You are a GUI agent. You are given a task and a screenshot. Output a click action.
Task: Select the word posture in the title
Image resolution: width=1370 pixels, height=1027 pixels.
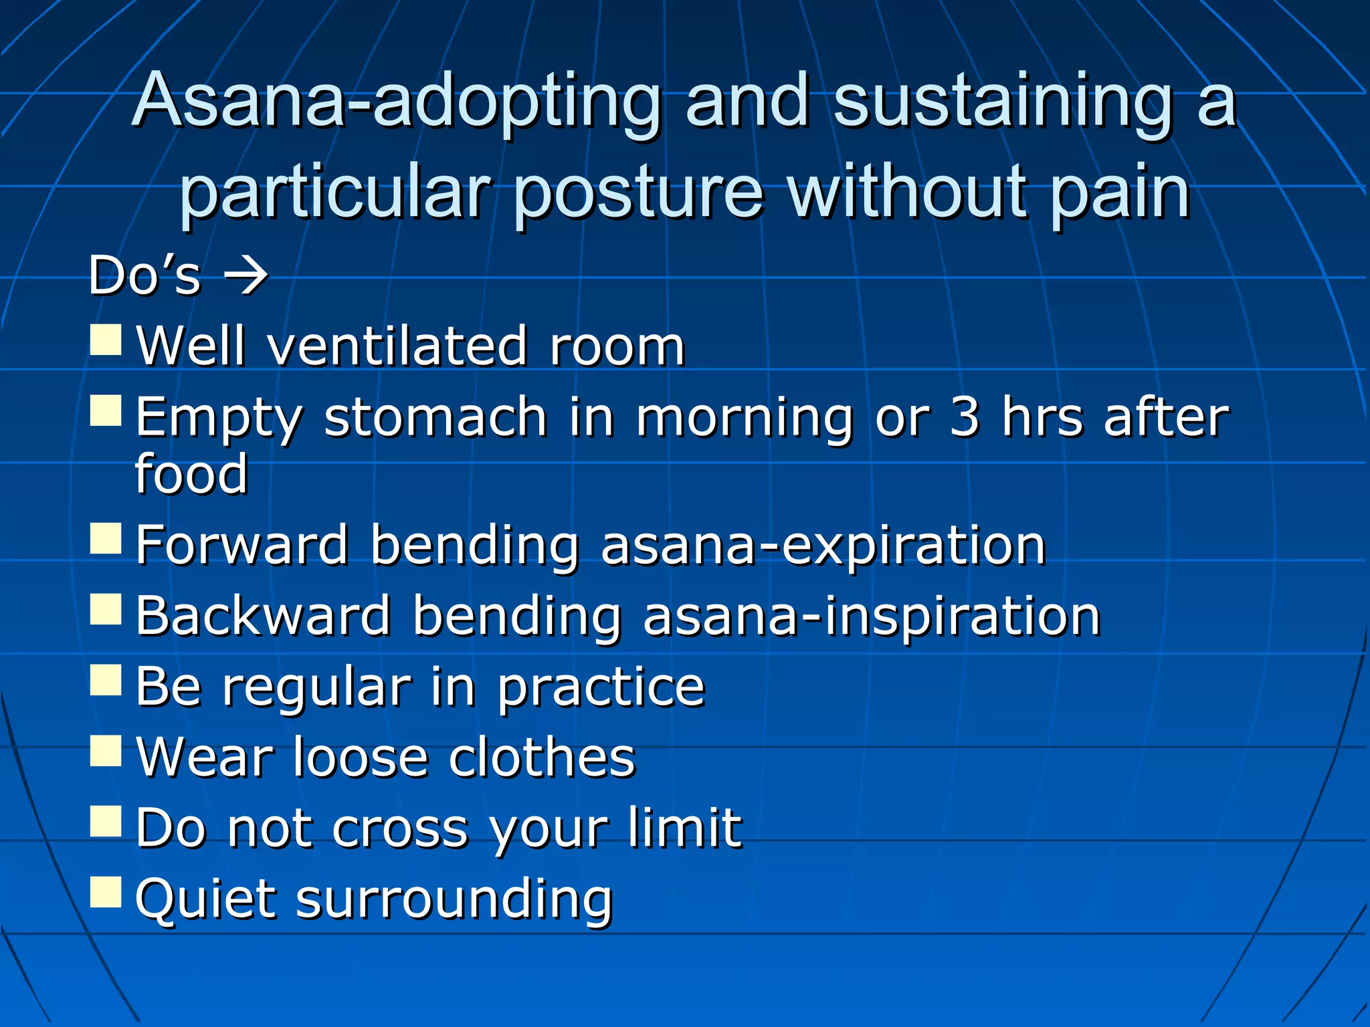[x=639, y=194]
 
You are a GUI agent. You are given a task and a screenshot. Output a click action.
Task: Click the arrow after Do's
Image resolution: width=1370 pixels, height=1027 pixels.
[x=246, y=275]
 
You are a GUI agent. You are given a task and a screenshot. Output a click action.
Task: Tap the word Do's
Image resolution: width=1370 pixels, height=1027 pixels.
[x=144, y=275]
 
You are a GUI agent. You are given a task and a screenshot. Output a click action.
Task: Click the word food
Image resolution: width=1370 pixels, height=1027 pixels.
[x=192, y=473]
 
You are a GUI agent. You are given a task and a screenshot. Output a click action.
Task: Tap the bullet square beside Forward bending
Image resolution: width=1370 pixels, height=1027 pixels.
[x=106, y=538]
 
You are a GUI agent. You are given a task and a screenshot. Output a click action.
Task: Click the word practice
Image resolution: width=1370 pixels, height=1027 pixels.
[x=601, y=688]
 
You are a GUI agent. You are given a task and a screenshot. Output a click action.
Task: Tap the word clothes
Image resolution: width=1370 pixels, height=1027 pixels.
[x=542, y=758]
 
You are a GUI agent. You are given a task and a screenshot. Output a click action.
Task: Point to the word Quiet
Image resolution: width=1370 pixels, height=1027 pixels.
[x=203, y=899]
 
